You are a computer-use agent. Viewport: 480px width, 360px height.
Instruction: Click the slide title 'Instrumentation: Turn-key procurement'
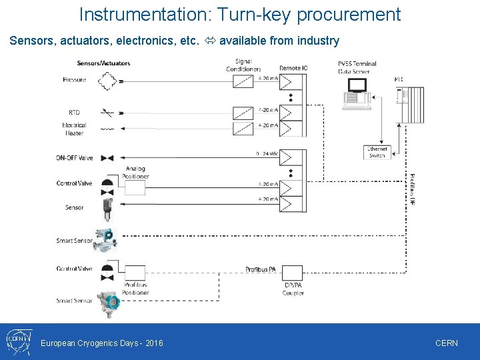240,14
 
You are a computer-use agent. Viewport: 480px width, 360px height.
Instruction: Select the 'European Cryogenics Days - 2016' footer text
102,343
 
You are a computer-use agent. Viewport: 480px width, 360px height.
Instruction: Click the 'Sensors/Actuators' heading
103,63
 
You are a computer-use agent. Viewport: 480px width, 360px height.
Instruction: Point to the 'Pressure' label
74,80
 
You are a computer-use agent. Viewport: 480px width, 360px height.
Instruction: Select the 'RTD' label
74,112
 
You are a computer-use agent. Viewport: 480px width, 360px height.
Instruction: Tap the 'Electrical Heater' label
74,129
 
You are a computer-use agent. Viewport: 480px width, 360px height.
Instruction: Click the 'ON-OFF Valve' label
75,158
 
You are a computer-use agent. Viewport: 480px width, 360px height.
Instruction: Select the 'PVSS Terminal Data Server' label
357,67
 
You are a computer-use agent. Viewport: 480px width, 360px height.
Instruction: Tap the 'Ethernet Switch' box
377,152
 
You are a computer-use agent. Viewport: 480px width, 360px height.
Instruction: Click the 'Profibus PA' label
261,269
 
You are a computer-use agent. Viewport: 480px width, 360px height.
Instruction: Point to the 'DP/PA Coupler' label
293,289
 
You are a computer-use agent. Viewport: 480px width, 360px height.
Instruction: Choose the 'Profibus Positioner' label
135,289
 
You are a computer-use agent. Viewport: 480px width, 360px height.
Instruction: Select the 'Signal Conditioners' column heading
243,65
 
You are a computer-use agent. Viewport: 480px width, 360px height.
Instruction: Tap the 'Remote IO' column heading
293,68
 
